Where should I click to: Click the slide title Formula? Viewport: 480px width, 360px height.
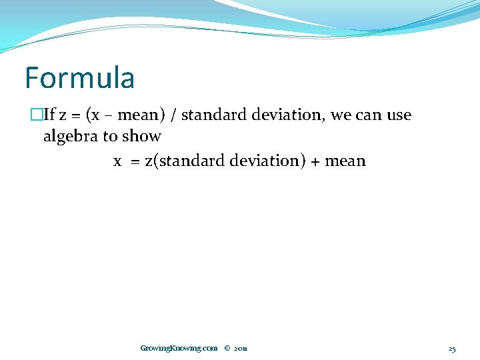pyautogui.click(x=79, y=78)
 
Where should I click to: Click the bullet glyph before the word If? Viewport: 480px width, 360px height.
pyautogui.click(x=37, y=115)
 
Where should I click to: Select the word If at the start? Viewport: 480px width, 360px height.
pyautogui.click(x=49, y=115)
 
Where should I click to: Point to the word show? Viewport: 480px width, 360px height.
pyautogui.click(x=143, y=137)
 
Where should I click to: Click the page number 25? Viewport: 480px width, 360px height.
pyautogui.click(x=451, y=348)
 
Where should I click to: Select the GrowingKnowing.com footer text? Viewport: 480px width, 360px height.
pyautogui.click(x=179, y=348)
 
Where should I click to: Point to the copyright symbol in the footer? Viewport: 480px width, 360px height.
pyautogui.click(x=227, y=348)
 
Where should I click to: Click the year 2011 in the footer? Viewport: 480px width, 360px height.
pyautogui.click(x=241, y=348)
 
